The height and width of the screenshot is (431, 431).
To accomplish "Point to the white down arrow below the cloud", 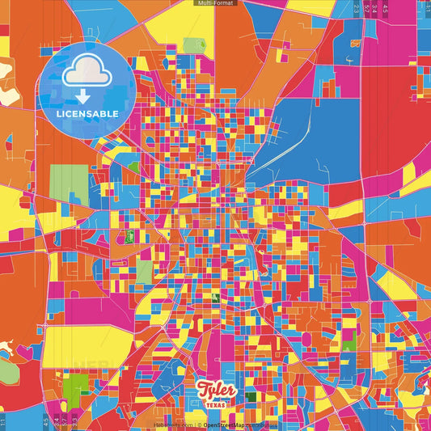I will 81,97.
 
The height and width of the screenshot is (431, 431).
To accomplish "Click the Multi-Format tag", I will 215,3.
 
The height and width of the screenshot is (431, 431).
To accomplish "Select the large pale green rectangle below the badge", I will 70,184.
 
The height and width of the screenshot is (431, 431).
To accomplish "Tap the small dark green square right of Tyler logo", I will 251,397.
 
